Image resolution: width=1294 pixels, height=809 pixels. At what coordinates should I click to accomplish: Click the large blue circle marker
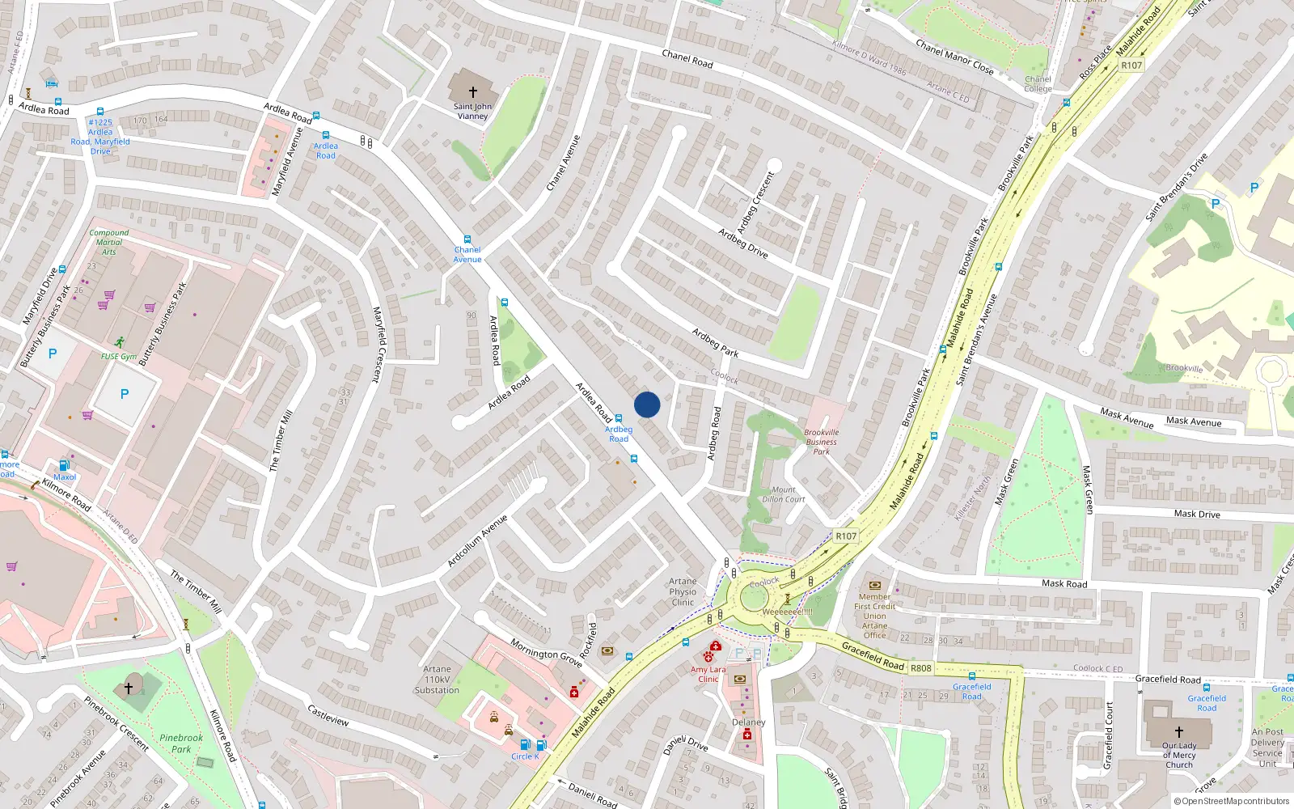pos(647,404)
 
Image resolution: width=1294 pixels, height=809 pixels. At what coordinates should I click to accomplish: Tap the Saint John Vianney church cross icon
pos(473,92)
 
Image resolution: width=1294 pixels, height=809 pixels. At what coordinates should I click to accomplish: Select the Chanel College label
pos(1038,84)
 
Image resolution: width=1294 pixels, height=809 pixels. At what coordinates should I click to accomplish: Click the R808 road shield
pos(920,668)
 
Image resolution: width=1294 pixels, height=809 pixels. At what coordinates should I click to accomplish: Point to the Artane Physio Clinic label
pos(683,591)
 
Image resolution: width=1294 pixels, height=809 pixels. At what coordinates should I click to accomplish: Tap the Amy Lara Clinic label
pos(708,674)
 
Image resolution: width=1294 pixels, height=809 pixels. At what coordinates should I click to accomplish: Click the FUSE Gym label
pos(118,357)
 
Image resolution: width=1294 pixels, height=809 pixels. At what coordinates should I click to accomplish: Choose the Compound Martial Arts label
pos(109,242)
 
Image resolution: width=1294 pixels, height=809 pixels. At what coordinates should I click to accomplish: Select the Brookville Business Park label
pos(821,442)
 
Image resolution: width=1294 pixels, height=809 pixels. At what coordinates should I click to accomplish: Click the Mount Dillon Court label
pos(783,494)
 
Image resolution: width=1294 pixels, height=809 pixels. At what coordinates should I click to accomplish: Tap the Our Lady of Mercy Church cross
pos(1179,731)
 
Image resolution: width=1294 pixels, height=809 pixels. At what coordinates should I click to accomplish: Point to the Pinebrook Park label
pos(181,743)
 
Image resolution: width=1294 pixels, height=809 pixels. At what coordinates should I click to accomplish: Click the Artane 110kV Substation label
pos(437,680)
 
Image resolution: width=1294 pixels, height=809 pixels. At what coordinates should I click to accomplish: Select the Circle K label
pos(524,756)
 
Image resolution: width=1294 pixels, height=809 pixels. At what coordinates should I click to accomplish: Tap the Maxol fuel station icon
pos(64,465)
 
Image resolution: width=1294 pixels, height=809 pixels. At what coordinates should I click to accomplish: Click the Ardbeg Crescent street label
pos(755,202)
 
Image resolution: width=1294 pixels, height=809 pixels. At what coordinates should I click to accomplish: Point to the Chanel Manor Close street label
pos(954,57)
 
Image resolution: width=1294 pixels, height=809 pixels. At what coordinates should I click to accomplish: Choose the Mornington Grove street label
pos(546,652)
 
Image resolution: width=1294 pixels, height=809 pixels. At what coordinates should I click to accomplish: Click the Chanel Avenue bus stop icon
pos(467,239)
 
